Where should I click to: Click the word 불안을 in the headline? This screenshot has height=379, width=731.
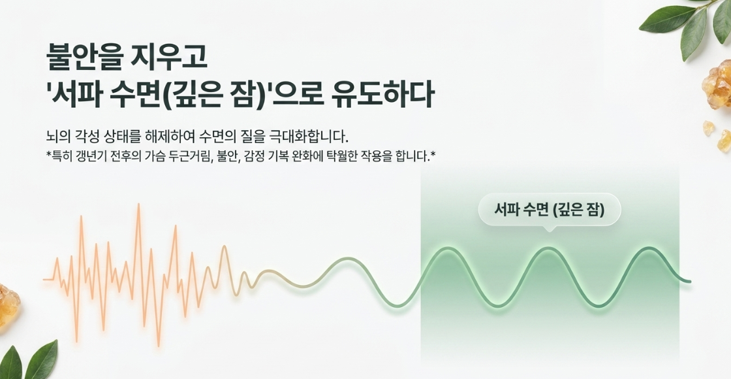(84, 56)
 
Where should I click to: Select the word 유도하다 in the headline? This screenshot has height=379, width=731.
(382, 95)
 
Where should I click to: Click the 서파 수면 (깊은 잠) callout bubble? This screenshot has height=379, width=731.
(549, 210)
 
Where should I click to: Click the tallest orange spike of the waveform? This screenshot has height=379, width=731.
(138, 205)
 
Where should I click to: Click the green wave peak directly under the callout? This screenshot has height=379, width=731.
(548, 249)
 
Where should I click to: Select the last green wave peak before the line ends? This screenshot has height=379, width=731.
(649, 248)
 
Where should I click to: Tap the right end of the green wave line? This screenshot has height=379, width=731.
(690, 281)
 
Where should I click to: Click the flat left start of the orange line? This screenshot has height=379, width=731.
(48, 279)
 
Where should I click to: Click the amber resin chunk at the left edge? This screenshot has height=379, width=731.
(8, 305)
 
